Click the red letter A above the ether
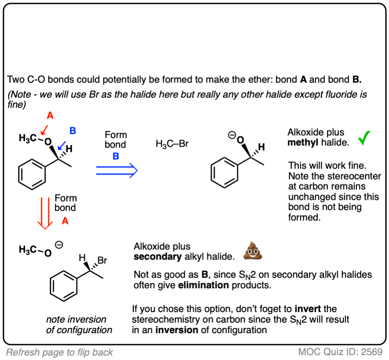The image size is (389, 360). [50, 115]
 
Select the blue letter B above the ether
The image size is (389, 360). [73, 130]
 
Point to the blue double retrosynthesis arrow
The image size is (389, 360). [117, 170]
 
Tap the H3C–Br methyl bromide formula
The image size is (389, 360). [172, 143]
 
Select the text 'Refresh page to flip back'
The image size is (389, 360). [59, 352]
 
